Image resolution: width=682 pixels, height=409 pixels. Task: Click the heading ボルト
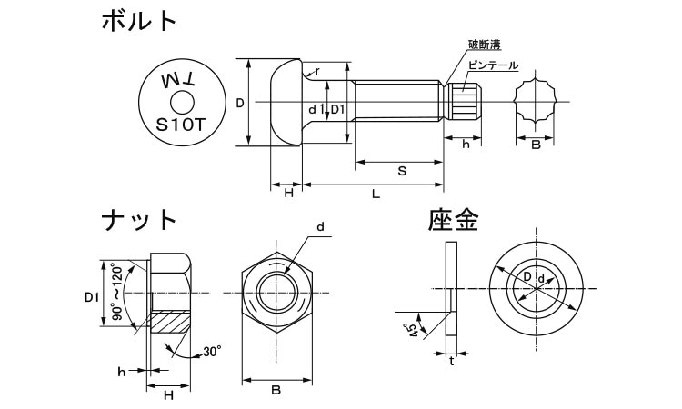click(139, 22)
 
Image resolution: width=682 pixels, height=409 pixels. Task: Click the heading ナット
click(138, 220)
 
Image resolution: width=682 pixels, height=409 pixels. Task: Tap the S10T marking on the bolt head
click(181, 126)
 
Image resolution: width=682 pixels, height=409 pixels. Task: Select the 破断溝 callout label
click(485, 45)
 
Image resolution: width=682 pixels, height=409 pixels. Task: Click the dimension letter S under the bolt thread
click(401, 172)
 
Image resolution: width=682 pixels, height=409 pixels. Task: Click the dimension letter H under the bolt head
click(288, 194)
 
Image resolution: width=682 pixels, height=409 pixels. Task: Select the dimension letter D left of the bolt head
click(239, 104)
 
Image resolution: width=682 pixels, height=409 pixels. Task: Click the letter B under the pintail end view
click(536, 145)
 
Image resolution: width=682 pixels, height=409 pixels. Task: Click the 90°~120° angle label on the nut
click(116, 293)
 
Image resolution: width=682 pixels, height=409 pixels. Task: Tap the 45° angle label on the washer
click(414, 330)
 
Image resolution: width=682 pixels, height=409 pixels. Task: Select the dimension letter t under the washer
click(452, 360)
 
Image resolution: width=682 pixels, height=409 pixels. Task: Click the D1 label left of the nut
click(91, 297)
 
